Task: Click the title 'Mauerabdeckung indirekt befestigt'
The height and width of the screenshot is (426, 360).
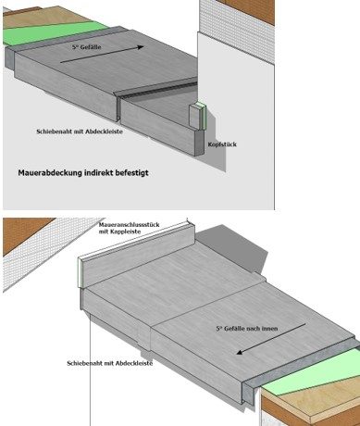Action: point(83,172)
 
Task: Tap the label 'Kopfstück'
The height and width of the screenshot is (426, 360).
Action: point(222,144)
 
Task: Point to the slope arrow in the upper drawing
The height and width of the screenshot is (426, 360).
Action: point(102,55)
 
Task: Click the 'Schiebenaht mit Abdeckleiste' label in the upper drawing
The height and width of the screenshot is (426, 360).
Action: point(80,132)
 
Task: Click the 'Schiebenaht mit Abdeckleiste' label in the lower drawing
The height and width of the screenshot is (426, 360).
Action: point(110,363)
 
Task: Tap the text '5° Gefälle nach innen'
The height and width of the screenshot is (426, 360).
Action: point(247,329)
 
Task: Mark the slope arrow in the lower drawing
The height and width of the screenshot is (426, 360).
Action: point(271,339)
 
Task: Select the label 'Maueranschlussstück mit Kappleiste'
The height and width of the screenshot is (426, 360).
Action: point(129,228)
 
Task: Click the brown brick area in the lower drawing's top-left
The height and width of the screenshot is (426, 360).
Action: point(25,233)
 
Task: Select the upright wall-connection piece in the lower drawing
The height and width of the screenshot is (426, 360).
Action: point(137,255)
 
